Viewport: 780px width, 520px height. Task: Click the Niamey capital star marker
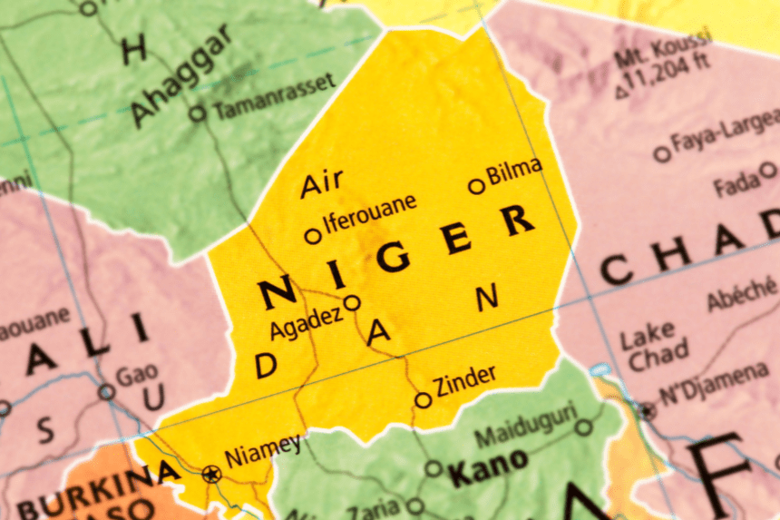click(x=211, y=473)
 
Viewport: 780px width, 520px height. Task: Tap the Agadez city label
click(x=306, y=320)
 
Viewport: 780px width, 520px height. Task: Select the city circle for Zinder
click(x=423, y=399)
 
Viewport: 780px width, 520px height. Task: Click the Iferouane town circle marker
click(x=313, y=236)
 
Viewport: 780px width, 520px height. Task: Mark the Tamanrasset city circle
click(x=197, y=113)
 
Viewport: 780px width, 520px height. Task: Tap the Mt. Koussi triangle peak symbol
click(x=621, y=92)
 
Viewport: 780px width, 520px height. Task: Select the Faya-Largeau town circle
click(x=663, y=154)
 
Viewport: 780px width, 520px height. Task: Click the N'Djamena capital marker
click(x=645, y=411)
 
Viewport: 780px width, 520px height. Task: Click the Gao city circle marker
click(x=107, y=392)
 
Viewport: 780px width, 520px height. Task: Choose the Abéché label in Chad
click(x=742, y=299)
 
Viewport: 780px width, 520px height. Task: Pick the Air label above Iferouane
click(x=322, y=182)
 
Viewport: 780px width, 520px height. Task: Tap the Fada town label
click(x=736, y=186)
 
